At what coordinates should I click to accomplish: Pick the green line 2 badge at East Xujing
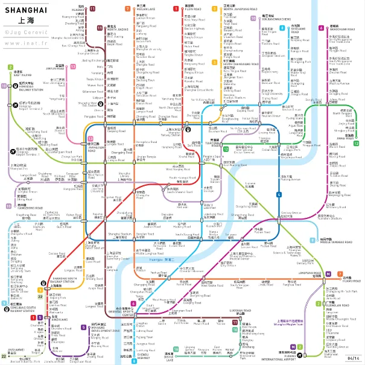pos(10,67)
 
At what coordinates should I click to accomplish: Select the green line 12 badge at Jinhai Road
pos(357,143)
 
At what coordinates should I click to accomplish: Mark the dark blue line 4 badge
pos(279,194)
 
